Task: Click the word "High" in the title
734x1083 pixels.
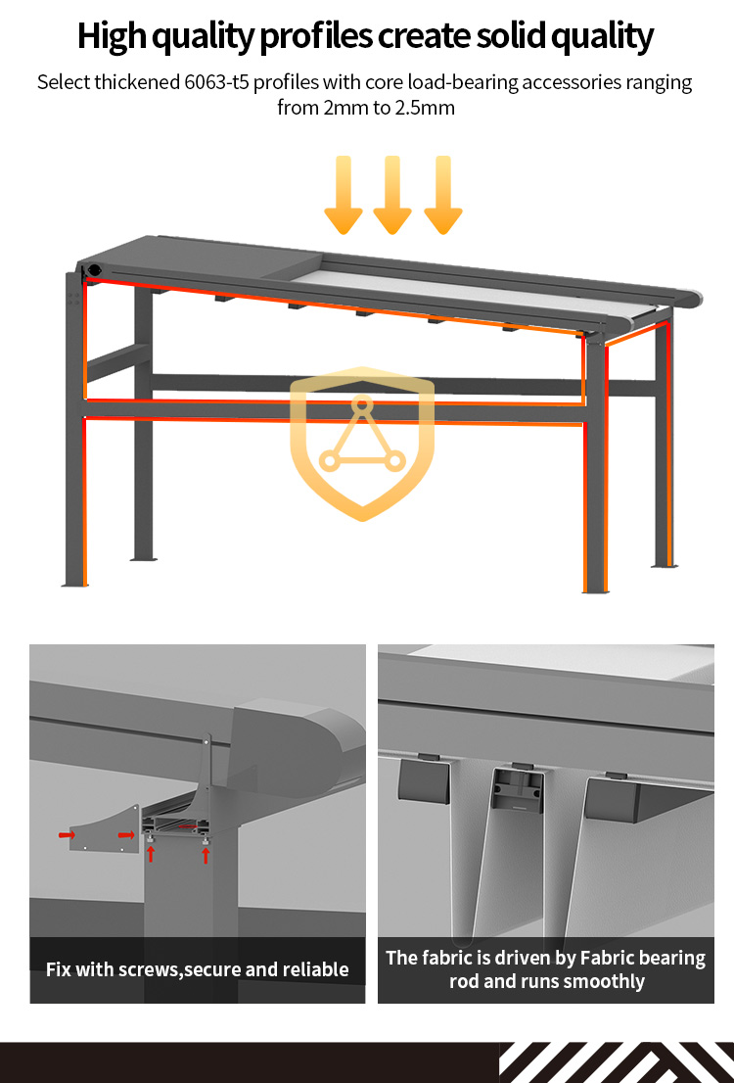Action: [112, 37]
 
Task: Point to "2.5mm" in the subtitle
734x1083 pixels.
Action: [425, 108]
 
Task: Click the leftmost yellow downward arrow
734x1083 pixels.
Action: [344, 196]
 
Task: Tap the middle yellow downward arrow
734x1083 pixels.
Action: [392, 196]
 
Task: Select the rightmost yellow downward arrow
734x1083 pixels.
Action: [443, 196]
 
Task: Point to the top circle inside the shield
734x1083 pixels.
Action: [362, 404]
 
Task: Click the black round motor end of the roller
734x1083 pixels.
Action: [93, 270]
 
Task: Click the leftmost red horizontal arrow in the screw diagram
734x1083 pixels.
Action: [67, 835]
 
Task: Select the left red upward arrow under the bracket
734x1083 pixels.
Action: [151, 853]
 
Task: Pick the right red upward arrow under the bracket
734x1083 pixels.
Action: [206, 855]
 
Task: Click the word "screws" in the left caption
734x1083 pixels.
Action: [149, 969]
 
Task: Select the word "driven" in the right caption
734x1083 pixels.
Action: [533, 958]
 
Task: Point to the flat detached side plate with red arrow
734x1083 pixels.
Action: [104, 827]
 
